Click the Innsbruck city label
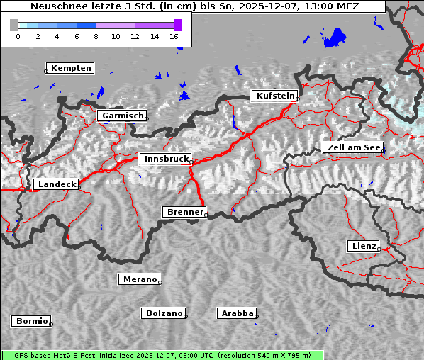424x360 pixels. tap(164, 159)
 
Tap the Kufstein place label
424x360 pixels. tap(274, 96)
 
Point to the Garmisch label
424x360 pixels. tap(122, 116)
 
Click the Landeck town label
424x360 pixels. tap(56, 184)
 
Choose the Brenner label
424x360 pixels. tap(184, 212)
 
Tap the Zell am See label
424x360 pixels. tap(352, 147)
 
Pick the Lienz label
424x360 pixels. tap(363, 246)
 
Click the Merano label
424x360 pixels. tap(139, 279)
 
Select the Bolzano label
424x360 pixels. tap(163, 313)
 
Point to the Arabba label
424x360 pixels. tap(236, 313)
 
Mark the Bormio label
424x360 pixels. tap(31, 321)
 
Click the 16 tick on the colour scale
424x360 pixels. tap(174, 36)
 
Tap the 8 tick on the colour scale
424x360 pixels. tap(96, 36)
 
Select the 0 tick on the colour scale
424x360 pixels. tap(18, 36)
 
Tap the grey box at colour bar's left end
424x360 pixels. tap(13, 25)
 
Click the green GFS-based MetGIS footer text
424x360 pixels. tap(162, 355)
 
